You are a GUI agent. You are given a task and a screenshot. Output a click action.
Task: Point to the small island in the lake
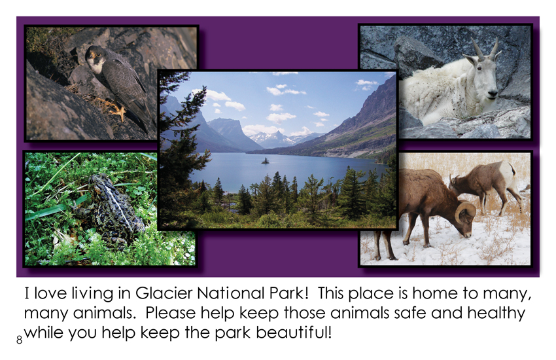click(265, 161)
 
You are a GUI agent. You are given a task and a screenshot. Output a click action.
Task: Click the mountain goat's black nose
click(492, 94)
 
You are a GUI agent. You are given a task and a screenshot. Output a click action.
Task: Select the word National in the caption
click(230, 293)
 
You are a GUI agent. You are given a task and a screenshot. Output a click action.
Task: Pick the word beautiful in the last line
click(294, 333)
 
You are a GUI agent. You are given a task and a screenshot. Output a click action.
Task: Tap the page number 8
click(19, 340)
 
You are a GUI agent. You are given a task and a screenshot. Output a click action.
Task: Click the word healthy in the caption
click(496, 313)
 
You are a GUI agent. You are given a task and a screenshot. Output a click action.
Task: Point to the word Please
click(170, 313)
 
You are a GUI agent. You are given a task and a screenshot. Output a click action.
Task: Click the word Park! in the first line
click(288, 293)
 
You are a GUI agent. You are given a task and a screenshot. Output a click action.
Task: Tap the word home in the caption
click(435, 293)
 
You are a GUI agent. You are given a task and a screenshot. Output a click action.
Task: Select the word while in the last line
click(44, 333)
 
